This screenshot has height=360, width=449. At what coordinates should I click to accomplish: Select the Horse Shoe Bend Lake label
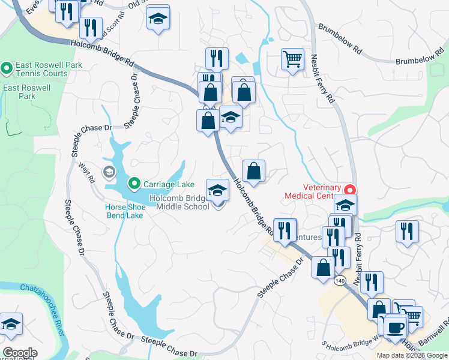124,211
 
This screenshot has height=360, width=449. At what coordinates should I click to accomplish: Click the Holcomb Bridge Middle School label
179,202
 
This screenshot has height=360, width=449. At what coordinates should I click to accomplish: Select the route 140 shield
340,281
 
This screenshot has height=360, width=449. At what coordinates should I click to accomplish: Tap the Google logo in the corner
20,353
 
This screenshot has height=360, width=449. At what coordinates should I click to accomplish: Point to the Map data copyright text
412,355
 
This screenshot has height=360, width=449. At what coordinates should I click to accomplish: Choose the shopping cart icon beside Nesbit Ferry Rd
292,59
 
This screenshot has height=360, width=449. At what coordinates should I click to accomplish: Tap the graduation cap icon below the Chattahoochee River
11,325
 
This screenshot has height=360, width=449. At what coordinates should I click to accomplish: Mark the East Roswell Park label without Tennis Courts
27,92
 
